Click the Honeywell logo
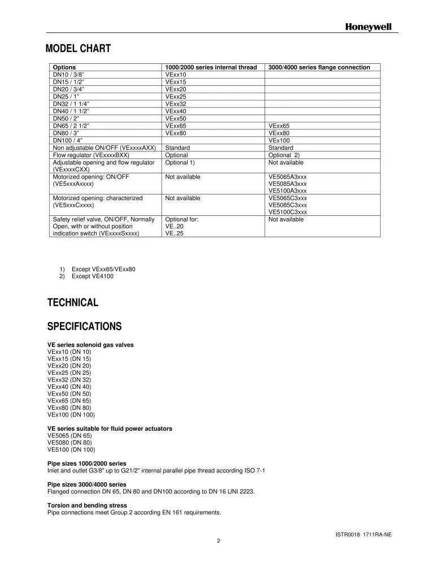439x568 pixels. click(368, 27)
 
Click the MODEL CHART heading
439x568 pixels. click(78, 49)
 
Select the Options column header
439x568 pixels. click(64, 67)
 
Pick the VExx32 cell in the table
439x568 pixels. click(176, 104)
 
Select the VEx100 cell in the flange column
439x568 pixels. click(279, 140)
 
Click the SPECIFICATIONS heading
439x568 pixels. click(84, 326)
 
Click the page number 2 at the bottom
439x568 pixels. click(219, 541)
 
